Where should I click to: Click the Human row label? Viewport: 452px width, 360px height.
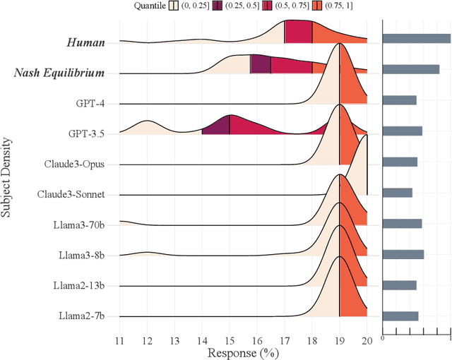coord(85,42)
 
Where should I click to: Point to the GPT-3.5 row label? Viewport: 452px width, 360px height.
coord(85,133)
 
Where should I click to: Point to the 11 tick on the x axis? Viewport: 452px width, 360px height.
coord(119,340)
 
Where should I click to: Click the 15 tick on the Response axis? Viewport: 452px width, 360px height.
coord(230,340)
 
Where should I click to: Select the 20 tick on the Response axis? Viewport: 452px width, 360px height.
coord(367,340)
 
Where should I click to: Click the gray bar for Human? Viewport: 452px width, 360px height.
coord(416,39)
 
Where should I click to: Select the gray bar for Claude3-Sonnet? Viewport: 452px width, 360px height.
coord(397,192)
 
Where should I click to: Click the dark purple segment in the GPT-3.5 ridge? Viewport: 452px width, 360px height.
coord(216,126)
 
